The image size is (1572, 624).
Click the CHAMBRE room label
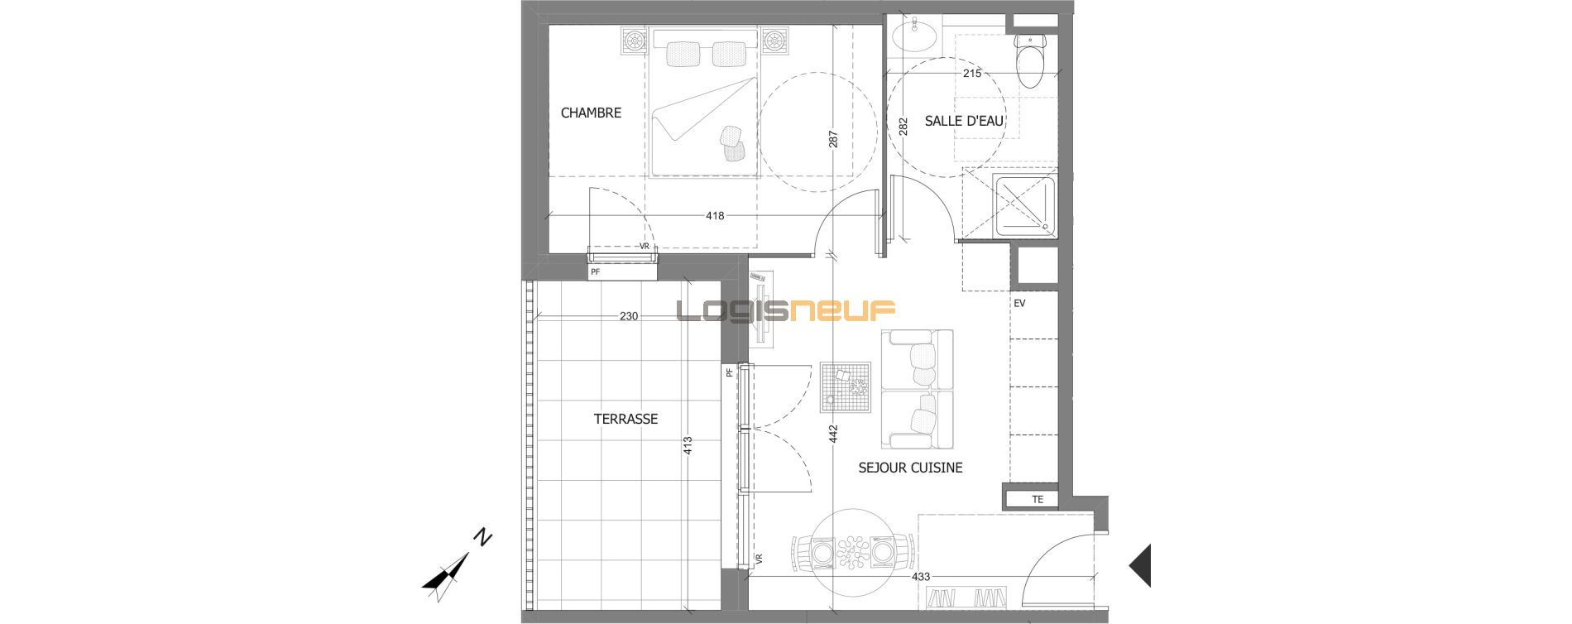[591, 113]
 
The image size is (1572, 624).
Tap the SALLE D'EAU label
[964, 121]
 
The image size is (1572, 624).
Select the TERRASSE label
[625, 419]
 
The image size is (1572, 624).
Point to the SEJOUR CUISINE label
[910, 468]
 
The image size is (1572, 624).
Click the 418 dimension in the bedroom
[715, 216]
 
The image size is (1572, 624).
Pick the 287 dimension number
[833, 139]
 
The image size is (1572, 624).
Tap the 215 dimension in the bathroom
[972, 74]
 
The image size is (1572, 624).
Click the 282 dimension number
[903, 126]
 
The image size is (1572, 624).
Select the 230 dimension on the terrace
[629, 316]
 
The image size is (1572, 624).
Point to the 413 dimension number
[688, 446]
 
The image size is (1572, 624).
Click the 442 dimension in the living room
[833, 434]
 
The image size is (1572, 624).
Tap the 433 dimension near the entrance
[921, 577]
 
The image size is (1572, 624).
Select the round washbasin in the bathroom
[914, 36]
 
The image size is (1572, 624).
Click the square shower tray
[1024, 204]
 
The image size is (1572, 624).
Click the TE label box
[1038, 499]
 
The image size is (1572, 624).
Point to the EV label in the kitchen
[1019, 304]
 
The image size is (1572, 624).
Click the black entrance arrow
[1141, 565]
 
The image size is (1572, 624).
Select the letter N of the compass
[482, 538]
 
